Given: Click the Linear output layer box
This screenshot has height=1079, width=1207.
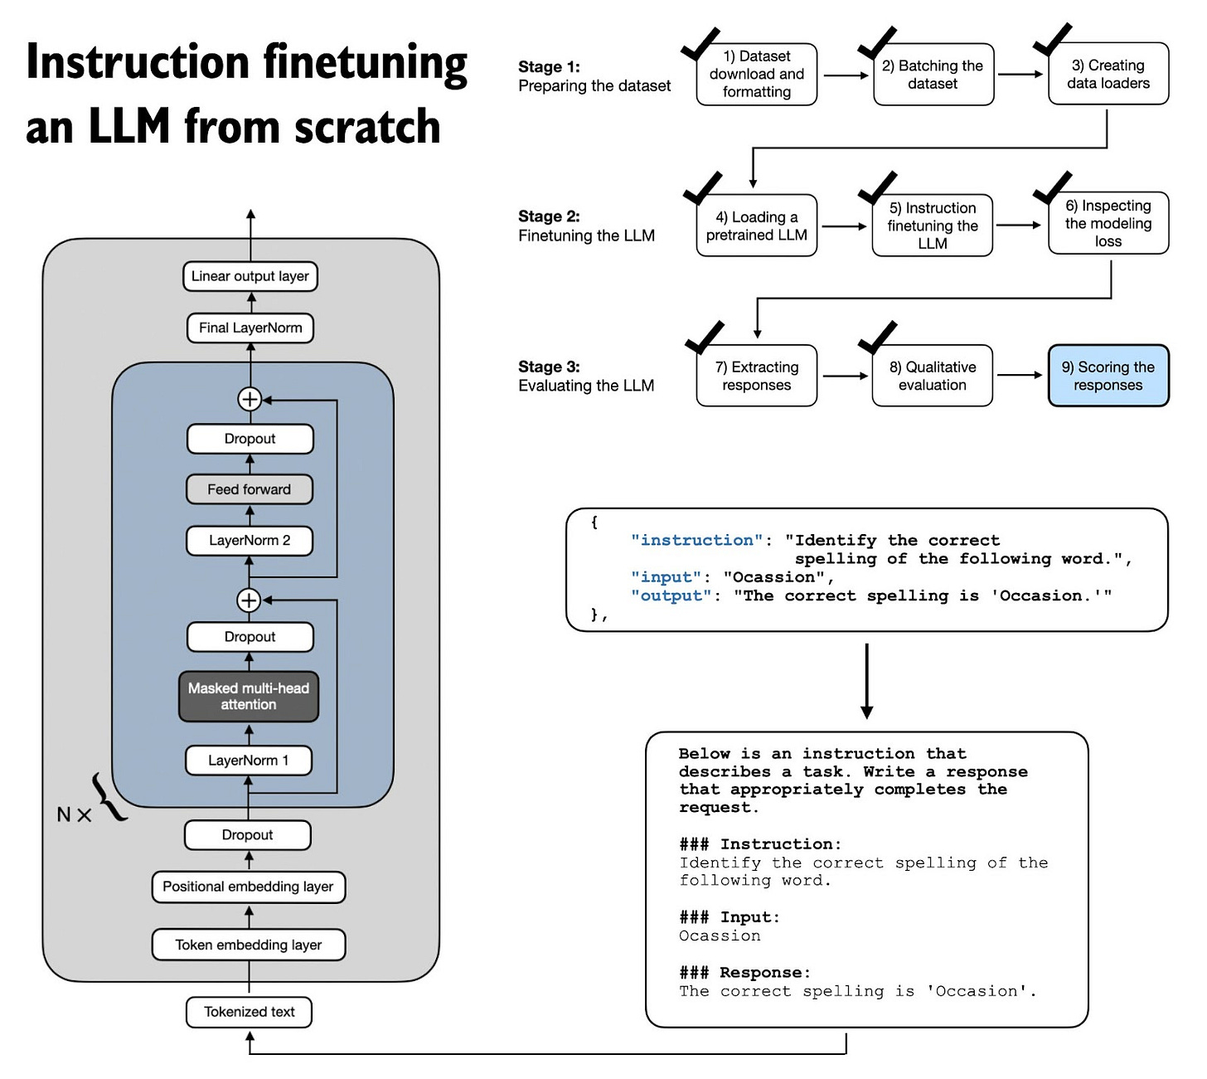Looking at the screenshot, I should pyautogui.click(x=250, y=276).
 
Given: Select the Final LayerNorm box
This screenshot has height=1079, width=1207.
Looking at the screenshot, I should pyautogui.click(x=250, y=328).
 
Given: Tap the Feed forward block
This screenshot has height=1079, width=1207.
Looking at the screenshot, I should pyautogui.click(x=249, y=489).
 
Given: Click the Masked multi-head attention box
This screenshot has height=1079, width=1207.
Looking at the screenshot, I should pyautogui.click(x=249, y=696).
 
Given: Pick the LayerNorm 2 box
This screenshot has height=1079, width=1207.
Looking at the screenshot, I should pyautogui.click(x=249, y=540).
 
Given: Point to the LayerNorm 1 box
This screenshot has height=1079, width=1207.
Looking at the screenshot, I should pyautogui.click(x=248, y=760).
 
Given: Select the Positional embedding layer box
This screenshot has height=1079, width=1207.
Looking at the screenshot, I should pyautogui.click(x=248, y=886).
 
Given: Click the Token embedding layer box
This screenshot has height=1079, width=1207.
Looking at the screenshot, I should pyautogui.click(x=248, y=945).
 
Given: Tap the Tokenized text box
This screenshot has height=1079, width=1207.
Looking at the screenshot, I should pyautogui.click(x=249, y=1012).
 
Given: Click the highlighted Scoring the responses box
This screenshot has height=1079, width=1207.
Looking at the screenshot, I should pyautogui.click(x=1108, y=376).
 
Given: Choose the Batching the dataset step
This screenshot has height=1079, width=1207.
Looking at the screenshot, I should pyautogui.click(x=933, y=75).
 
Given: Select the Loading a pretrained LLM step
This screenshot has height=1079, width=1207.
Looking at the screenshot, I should pyautogui.click(x=756, y=226).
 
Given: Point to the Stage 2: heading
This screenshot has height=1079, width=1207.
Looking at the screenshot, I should pyautogui.click(x=549, y=216).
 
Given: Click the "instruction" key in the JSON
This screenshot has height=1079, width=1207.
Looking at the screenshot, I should pyautogui.click(x=696, y=540).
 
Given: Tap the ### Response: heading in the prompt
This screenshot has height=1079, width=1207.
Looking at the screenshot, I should pyautogui.click(x=744, y=972).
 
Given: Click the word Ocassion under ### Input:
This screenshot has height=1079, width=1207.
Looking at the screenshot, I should pyautogui.click(x=720, y=936).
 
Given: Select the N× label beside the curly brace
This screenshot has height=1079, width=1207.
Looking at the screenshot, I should pyautogui.click(x=73, y=814).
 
